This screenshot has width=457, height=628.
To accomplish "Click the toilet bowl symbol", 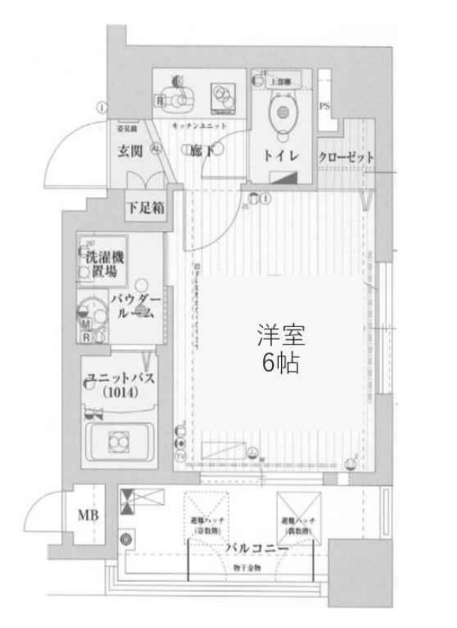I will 283,113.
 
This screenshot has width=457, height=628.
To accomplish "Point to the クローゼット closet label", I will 345,157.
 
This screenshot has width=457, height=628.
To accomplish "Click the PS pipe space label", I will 324,106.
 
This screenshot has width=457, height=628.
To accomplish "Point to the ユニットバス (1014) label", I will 120,384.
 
